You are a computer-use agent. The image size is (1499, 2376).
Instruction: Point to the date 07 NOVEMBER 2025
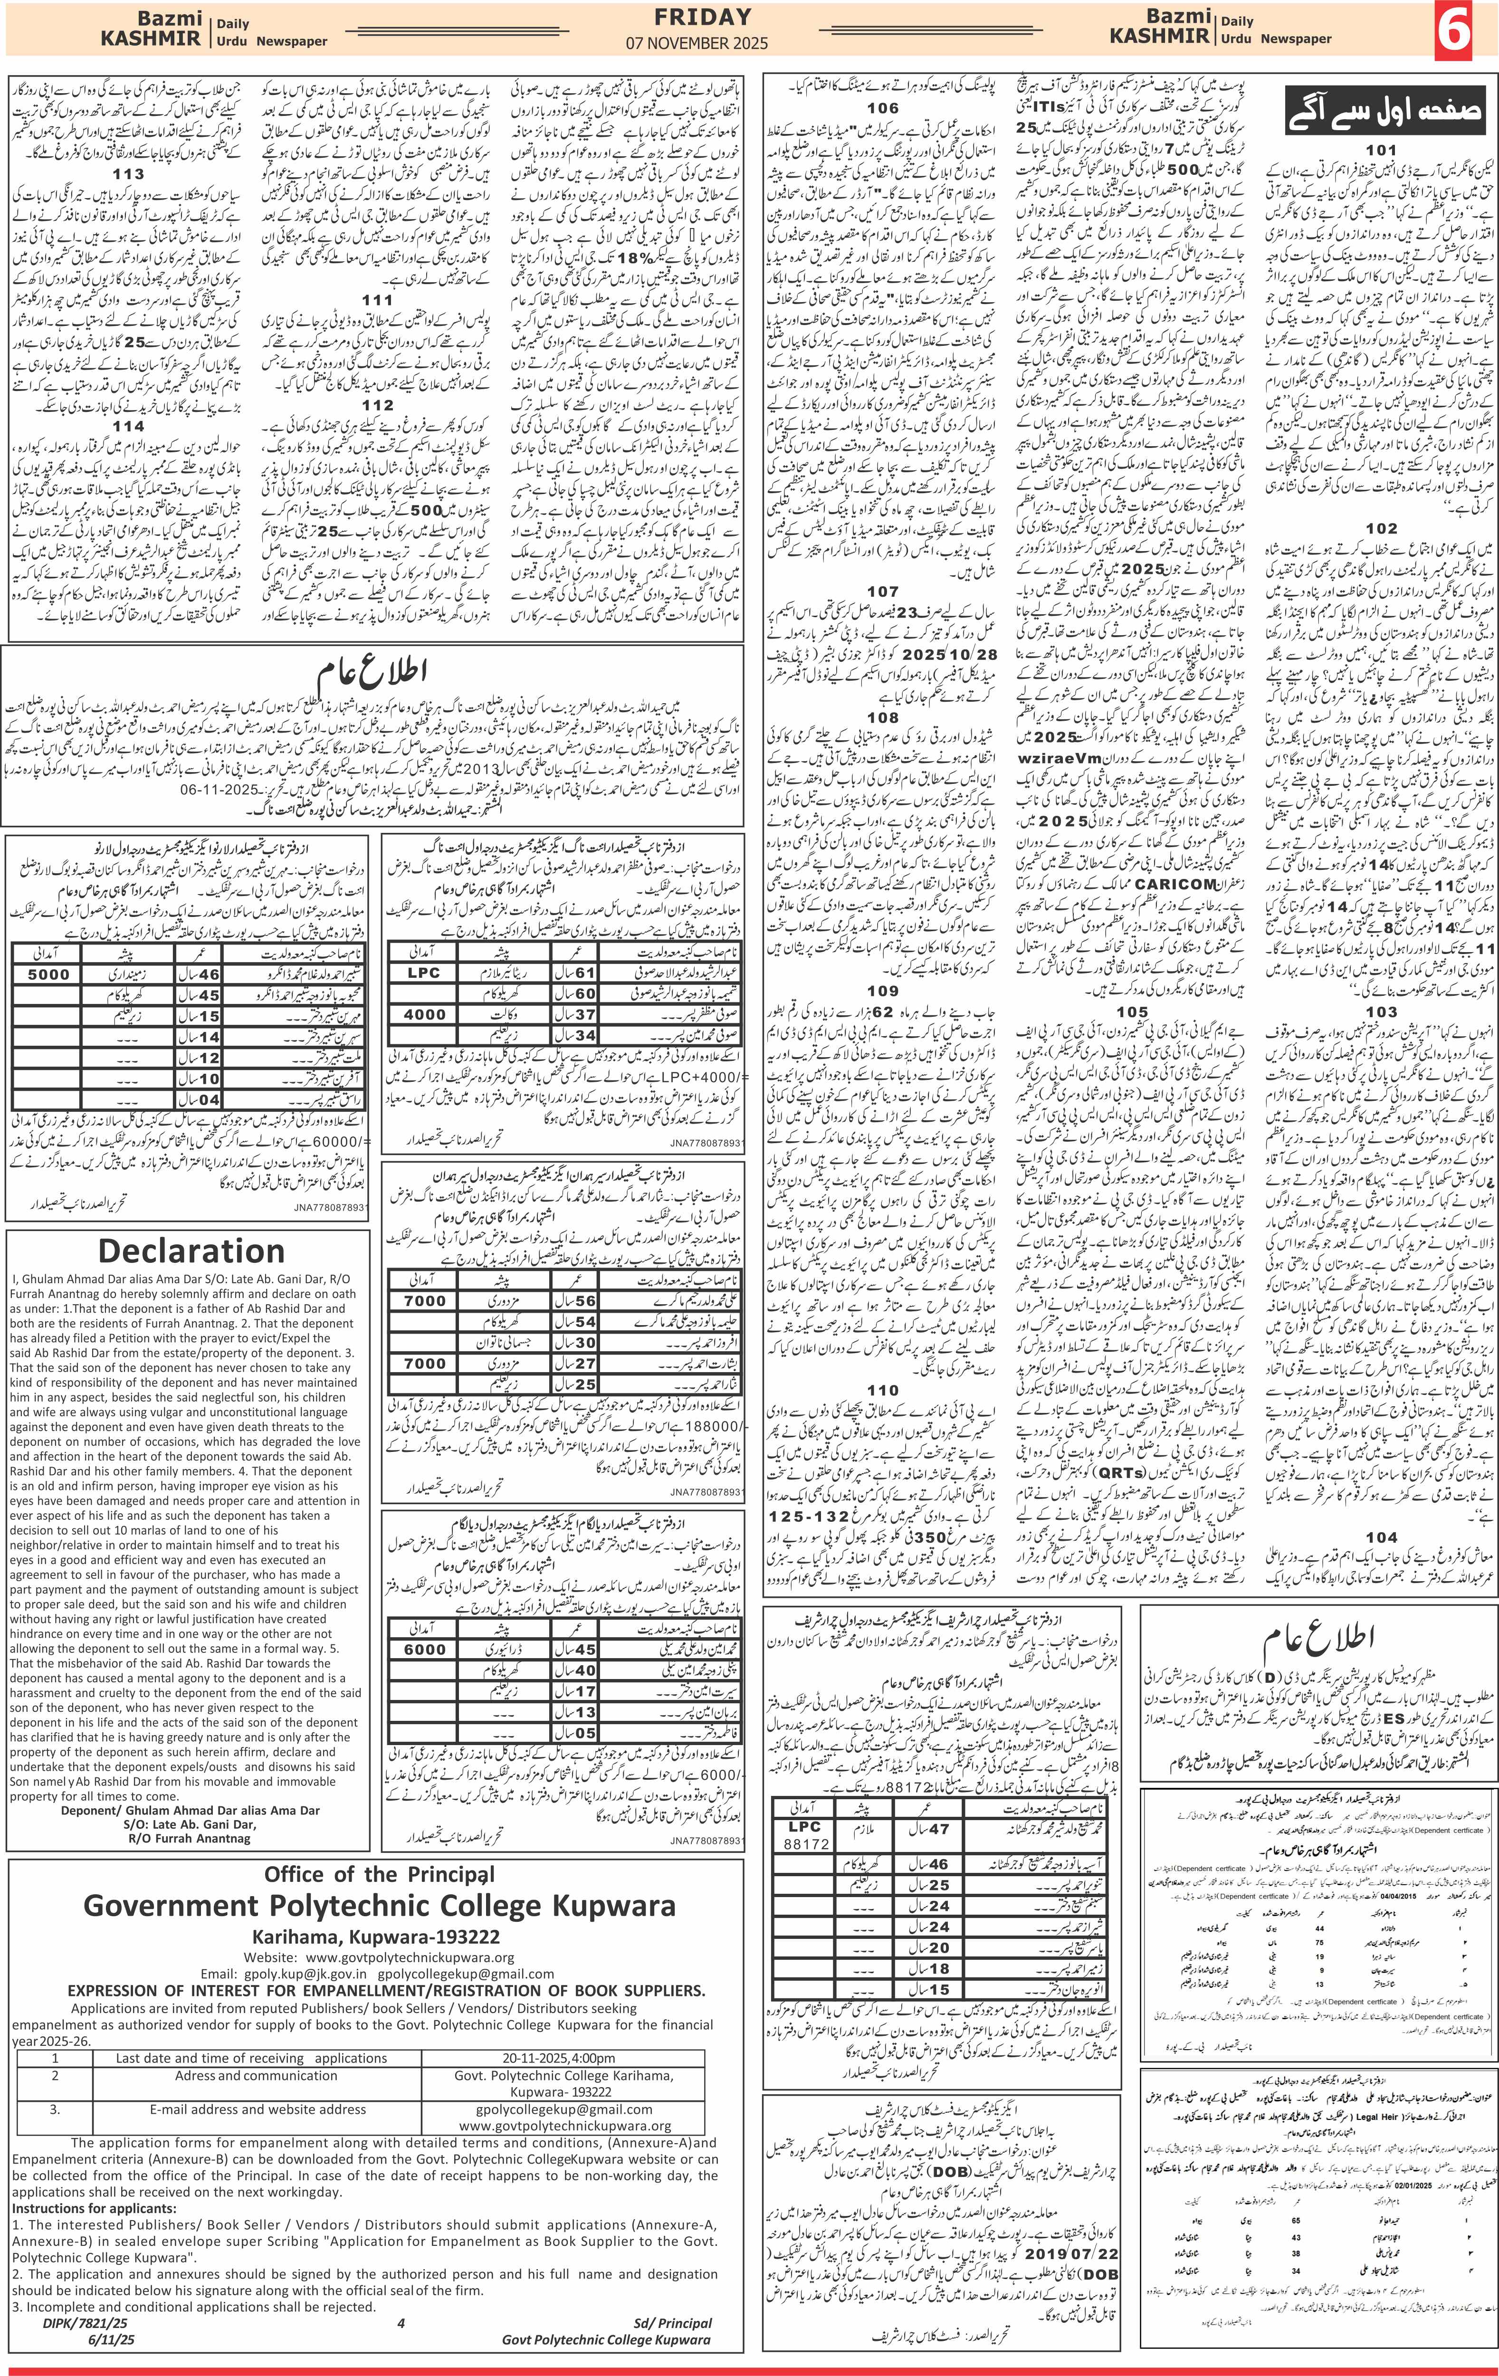click(697, 43)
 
